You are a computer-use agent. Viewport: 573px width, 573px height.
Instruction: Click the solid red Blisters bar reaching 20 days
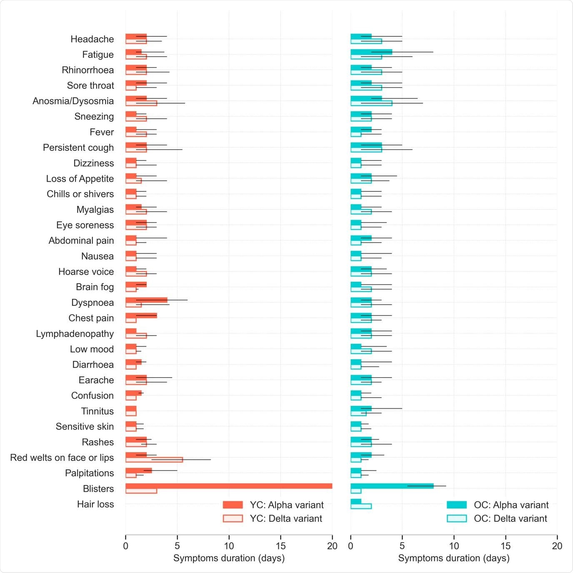228,486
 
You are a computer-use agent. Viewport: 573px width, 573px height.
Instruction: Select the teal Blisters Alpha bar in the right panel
392,486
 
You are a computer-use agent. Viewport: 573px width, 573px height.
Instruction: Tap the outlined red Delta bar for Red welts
154,460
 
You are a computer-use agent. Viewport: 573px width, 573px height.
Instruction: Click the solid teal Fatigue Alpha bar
371,52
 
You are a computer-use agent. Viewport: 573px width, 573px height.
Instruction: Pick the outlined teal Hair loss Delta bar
361,506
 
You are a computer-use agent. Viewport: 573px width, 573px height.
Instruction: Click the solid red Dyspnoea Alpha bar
146,300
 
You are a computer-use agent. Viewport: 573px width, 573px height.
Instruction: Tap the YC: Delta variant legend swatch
233,518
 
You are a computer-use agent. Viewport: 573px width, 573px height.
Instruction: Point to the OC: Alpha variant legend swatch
456,505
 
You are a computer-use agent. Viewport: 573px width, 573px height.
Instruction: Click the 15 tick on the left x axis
280,546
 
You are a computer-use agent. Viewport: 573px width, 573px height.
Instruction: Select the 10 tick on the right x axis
454,546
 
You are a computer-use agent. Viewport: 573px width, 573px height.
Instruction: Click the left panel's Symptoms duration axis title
229,558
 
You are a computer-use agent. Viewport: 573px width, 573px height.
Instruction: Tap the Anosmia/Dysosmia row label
73,101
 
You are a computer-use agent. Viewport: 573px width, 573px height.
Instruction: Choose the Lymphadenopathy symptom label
75,333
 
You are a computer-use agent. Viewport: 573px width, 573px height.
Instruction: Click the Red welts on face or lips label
62,458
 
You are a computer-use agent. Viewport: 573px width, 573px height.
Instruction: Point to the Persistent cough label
78,148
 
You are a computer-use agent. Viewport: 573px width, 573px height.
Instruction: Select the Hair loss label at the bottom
95,504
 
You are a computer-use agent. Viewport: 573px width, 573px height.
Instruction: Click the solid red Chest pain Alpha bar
141,315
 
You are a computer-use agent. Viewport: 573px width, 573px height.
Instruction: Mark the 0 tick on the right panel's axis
350,546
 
